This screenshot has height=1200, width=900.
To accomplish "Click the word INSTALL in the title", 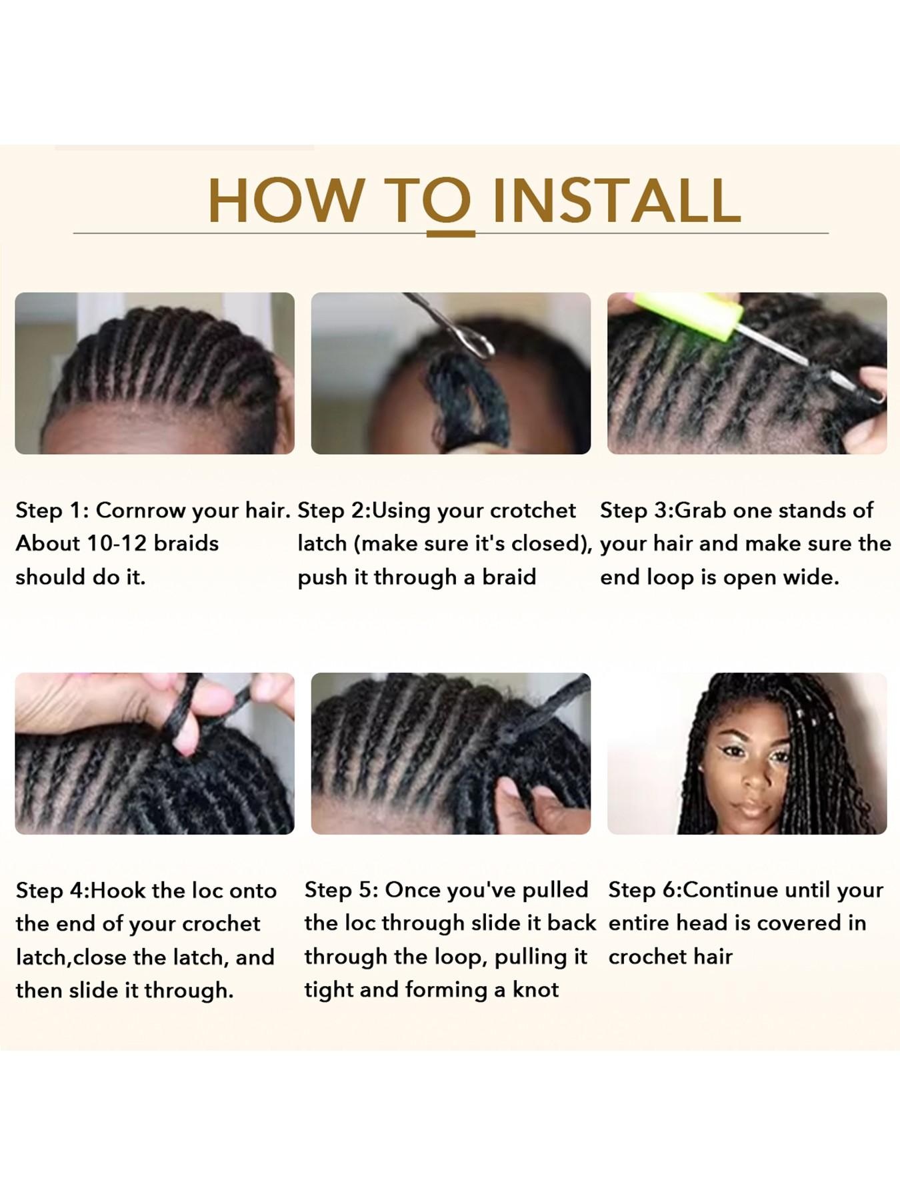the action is click(x=617, y=201).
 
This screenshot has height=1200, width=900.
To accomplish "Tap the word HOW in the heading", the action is click(x=286, y=201).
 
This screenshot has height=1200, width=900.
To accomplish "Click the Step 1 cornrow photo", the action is click(x=155, y=373).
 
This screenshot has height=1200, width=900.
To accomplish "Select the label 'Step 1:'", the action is click(x=52, y=511).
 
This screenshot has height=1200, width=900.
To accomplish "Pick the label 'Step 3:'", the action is click(x=637, y=511).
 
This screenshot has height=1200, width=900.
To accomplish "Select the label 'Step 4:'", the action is click(x=53, y=891).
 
